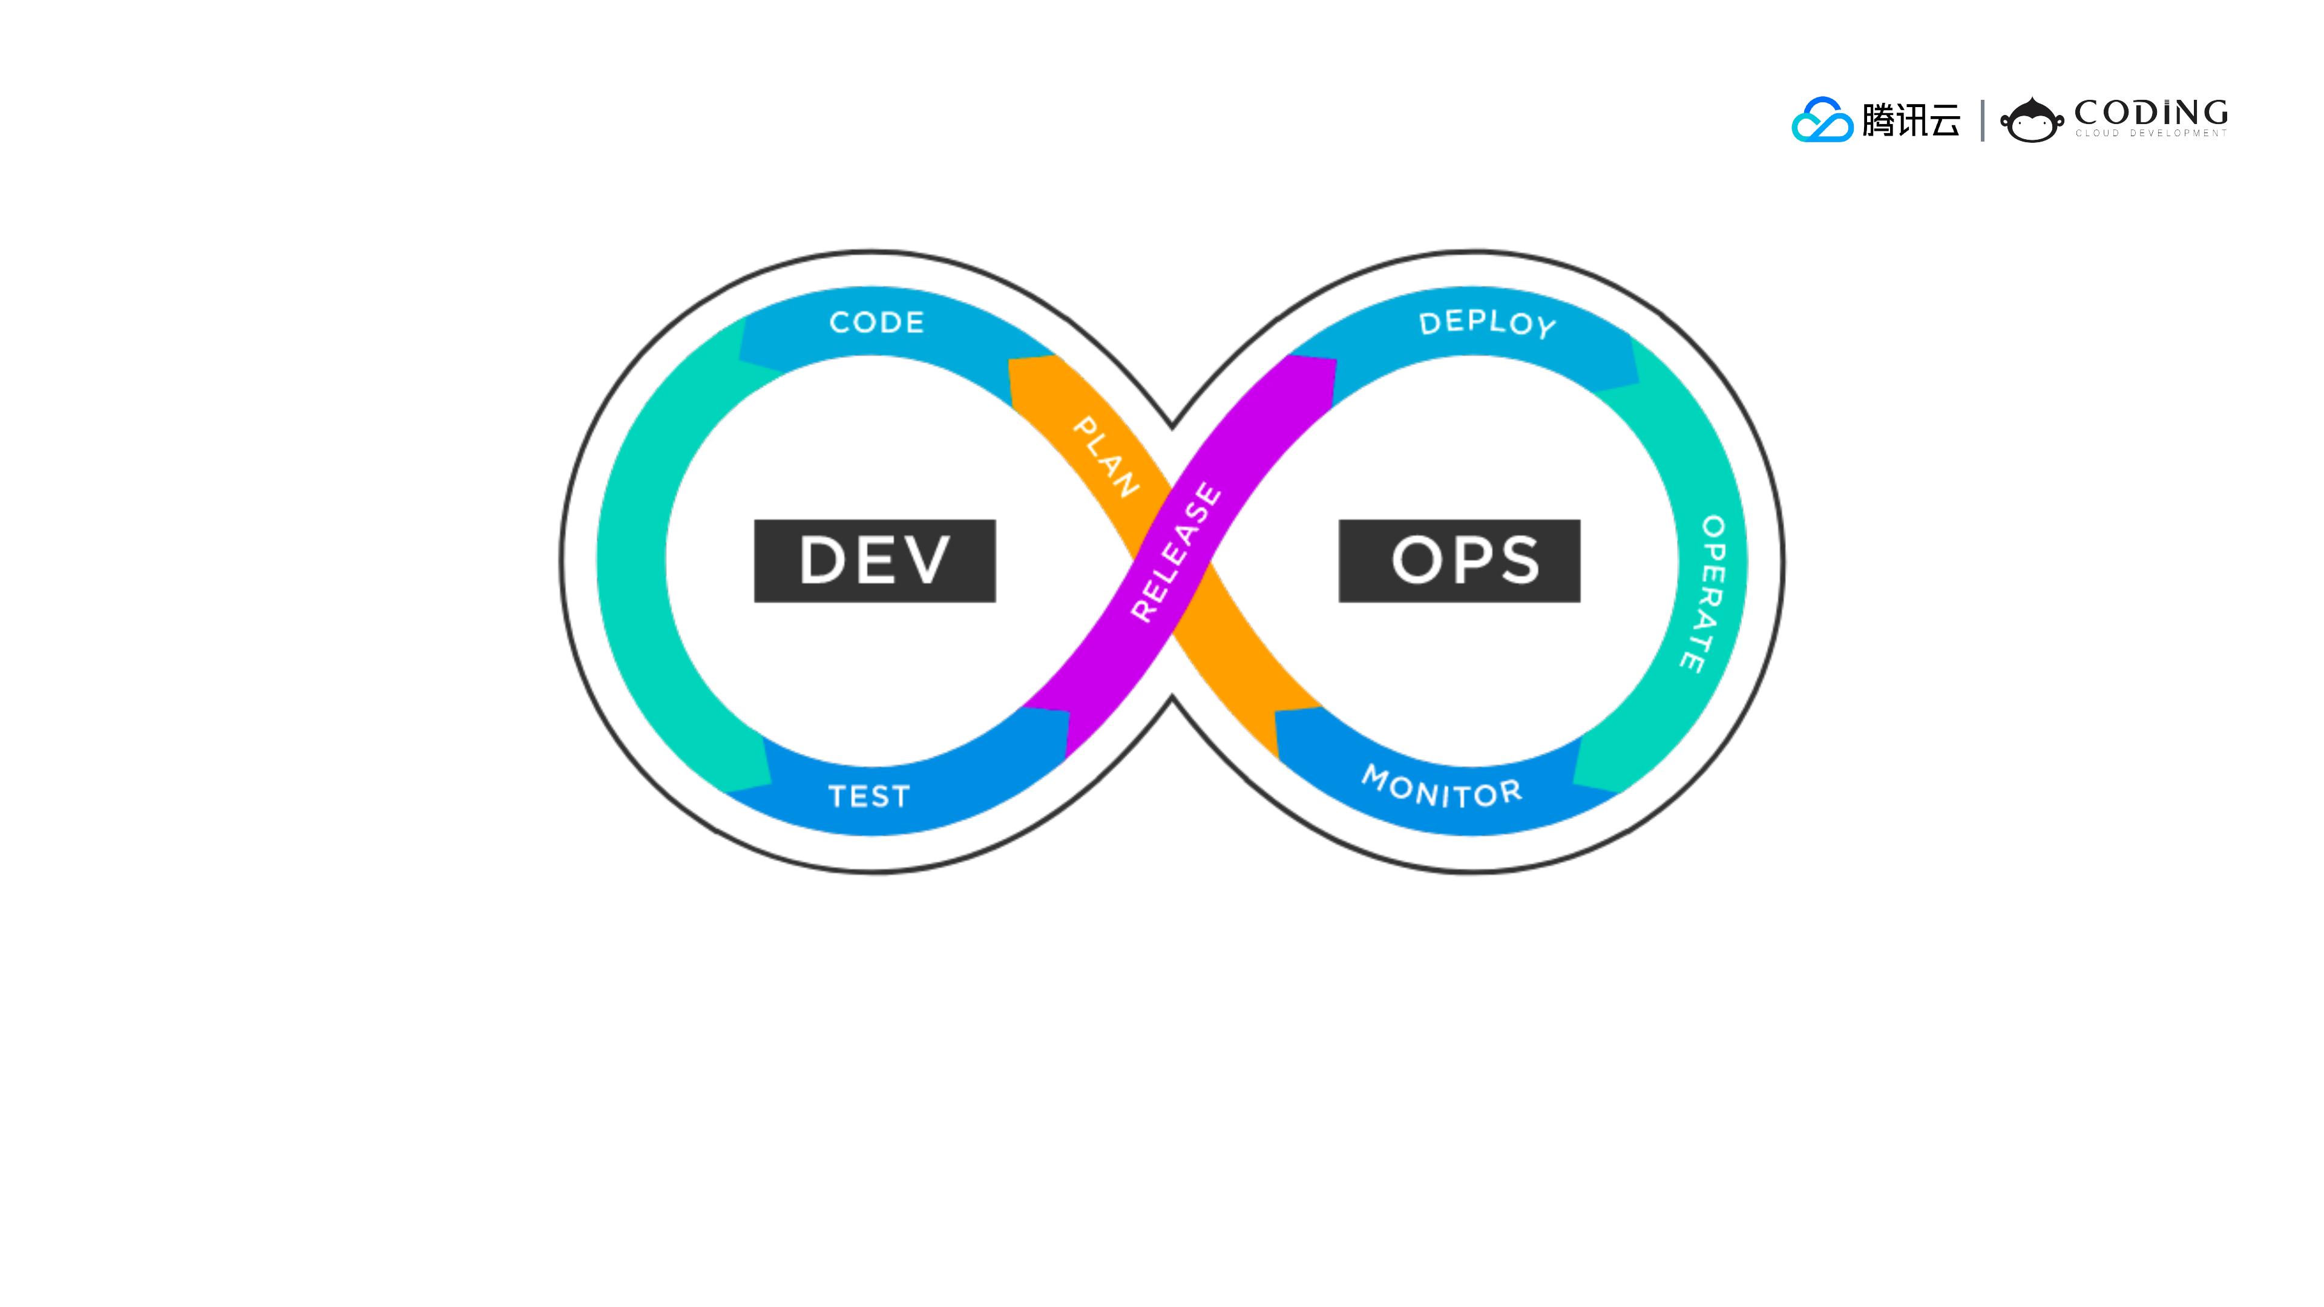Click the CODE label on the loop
876,322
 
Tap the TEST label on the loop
869,796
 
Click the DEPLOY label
1487,323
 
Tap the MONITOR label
1442,787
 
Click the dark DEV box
874,560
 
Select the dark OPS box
1459,560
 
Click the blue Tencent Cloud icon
1822,120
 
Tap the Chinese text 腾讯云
1911,120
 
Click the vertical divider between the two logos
1982,120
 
